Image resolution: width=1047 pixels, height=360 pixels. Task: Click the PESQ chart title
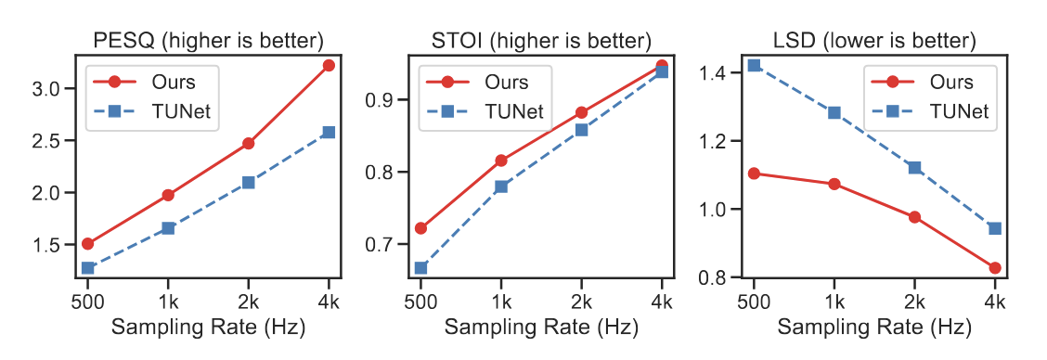[209, 41]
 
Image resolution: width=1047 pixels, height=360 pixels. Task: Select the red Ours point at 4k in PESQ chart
[329, 65]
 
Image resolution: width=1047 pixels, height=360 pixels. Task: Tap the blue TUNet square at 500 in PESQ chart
[88, 268]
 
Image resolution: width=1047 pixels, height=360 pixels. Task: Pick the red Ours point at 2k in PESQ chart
[248, 144]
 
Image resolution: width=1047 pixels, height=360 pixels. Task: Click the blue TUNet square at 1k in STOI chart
[501, 186]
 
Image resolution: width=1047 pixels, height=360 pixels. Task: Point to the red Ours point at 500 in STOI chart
[421, 228]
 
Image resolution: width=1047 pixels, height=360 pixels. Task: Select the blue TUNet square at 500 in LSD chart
[754, 65]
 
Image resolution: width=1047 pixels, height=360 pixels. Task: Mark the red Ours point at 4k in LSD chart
[994, 268]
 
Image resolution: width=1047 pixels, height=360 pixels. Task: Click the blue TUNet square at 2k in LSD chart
[914, 168]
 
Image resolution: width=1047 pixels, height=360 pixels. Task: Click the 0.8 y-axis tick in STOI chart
[387, 173]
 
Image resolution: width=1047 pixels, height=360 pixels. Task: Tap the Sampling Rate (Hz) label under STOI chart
[541, 328]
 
